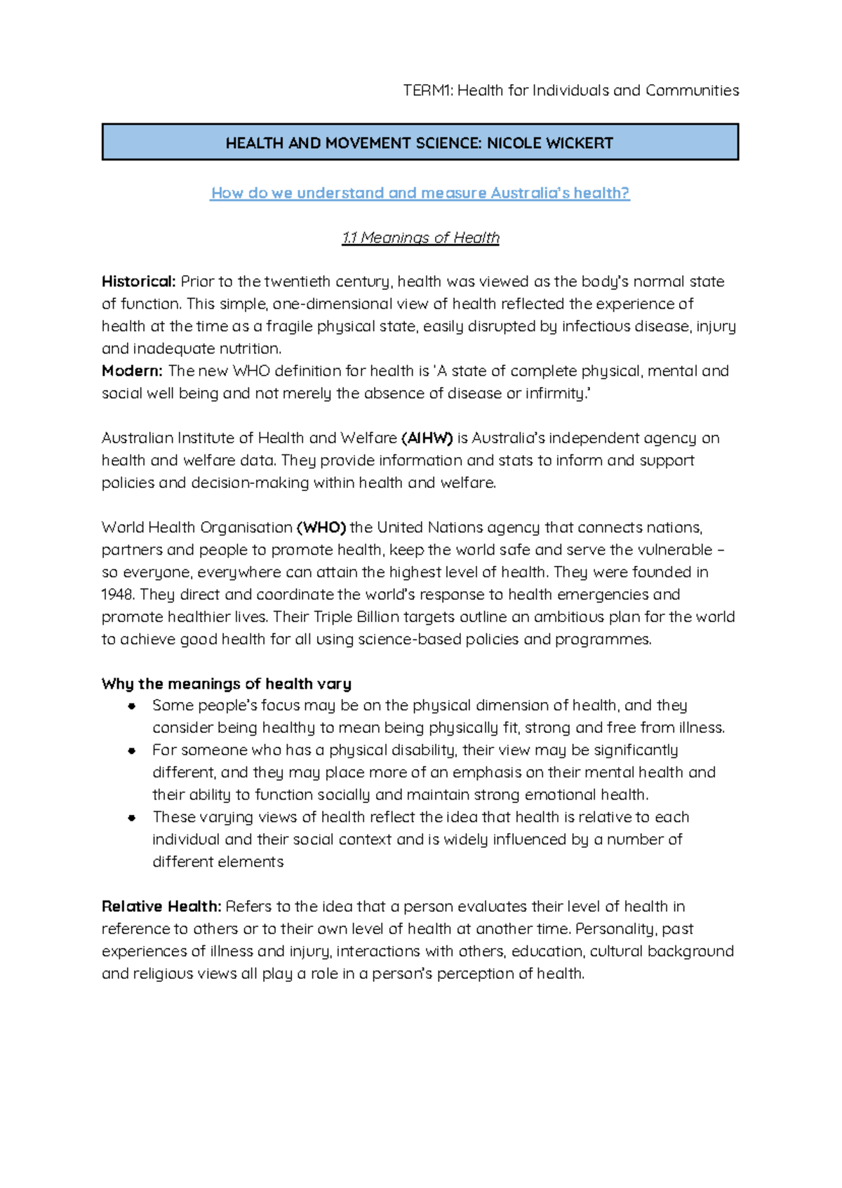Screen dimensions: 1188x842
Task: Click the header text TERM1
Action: coord(427,90)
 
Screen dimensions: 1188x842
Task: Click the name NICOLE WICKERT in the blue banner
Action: coord(550,143)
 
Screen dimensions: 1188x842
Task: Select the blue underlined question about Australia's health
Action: coord(420,193)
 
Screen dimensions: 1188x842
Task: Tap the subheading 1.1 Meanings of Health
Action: coord(420,238)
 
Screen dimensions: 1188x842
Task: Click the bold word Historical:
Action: coord(138,281)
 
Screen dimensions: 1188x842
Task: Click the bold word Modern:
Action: coord(132,371)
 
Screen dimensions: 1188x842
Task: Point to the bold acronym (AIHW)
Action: coord(427,438)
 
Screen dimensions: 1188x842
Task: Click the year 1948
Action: coord(117,595)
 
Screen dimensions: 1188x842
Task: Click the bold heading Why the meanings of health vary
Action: coord(226,684)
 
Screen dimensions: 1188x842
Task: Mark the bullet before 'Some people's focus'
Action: coord(131,706)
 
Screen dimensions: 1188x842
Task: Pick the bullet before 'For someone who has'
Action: coord(131,750)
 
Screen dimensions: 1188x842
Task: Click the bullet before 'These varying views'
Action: coord(131,818)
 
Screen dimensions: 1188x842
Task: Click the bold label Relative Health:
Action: coord(161,907)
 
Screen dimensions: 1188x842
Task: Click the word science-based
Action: coord(410,640)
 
